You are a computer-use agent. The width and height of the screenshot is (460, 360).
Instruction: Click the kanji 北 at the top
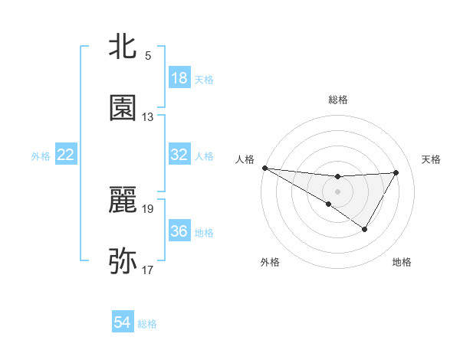123,47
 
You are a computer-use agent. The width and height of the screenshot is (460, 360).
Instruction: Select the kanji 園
123,108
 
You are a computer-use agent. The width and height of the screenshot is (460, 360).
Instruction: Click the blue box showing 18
179,78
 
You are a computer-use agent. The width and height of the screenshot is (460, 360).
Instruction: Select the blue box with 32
179,155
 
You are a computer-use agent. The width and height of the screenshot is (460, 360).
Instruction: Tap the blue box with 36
179,231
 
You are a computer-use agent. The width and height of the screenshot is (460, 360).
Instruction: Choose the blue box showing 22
66,155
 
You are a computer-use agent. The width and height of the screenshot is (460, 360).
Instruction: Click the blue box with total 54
123,323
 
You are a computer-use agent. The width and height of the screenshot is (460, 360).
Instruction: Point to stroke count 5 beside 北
148,56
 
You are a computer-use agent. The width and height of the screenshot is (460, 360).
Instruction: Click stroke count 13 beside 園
148,117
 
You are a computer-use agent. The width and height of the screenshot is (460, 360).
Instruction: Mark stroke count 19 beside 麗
148,208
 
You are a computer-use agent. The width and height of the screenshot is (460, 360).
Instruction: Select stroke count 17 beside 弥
148,270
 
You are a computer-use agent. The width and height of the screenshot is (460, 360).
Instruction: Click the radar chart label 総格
338,100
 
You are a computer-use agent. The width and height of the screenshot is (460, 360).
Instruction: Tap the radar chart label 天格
432,159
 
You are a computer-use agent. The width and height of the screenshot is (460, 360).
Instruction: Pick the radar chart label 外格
270,262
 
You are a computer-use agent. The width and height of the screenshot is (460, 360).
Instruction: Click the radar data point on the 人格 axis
264,167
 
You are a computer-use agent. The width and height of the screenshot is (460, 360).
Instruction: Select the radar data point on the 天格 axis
396,172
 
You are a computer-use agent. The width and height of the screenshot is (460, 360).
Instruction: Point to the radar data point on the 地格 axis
365,229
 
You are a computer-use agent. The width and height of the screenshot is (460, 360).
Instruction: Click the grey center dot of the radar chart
337,191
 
